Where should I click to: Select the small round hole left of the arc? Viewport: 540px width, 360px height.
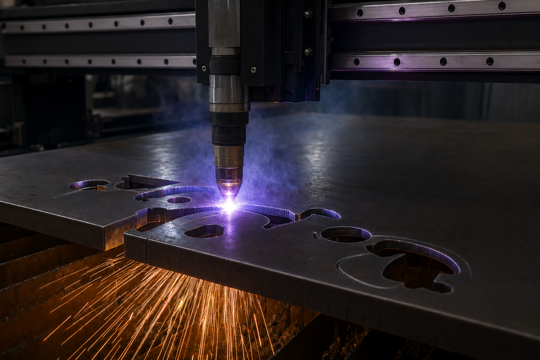tap(179, 200)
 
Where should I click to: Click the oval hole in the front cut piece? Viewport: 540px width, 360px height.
tap(204, 231)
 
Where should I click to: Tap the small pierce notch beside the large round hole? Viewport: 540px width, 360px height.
tap(316, 235)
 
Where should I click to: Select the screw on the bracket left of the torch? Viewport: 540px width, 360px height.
tap(204, 67)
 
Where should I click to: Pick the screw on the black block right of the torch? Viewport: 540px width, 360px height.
tap(253, 69)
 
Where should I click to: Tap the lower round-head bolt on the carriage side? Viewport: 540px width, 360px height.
tap(308, 52)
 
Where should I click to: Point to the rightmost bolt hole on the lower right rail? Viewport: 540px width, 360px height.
tap(490, 61)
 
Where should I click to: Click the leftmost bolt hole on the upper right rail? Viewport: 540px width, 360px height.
tap(360, 13)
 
